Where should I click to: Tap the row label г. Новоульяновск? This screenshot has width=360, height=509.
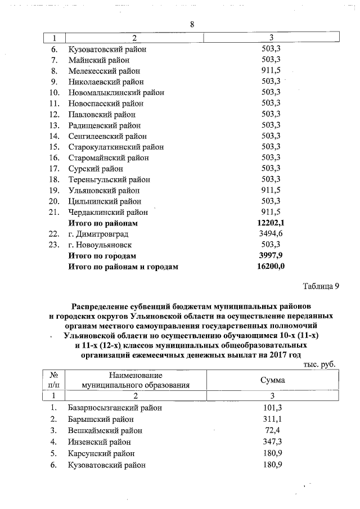point(100,245)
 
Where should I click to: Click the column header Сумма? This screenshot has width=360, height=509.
point(272,380)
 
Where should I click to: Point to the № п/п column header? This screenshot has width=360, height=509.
point(55,380)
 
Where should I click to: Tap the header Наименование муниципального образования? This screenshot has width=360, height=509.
point(136,380)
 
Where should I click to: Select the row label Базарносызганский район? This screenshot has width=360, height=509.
point(115,408)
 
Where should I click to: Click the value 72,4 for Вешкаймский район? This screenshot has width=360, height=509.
point(272,430)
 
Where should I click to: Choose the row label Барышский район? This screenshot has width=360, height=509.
point(101,419)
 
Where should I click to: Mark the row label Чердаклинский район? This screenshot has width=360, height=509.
point(108,213)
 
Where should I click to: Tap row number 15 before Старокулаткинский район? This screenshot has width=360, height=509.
point(55,147)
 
